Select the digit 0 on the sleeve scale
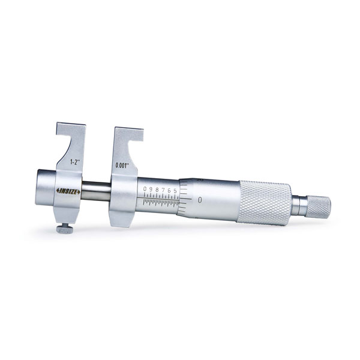coord(145,190)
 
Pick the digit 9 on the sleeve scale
coord(151,190)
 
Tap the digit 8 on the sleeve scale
coord(157,190)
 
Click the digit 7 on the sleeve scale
coord(163,190)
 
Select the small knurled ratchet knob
coord(318,206)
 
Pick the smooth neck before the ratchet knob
coord(299,205)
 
